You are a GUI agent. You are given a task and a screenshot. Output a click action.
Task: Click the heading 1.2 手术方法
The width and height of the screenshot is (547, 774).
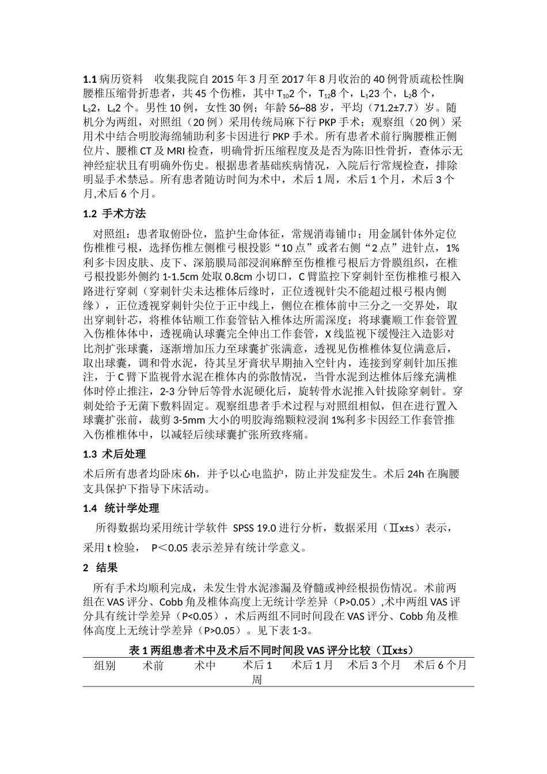pyautogui.click(x=115, y=214)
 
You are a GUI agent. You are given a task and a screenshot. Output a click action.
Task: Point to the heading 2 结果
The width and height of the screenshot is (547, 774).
pyautogui.click(x=100, y=568)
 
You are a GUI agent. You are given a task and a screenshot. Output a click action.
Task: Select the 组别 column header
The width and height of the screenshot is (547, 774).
pyautogui.click(x=105, y=666)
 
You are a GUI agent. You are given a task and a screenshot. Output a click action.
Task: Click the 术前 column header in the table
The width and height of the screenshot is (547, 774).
pyautogui.click(x=153, y=666)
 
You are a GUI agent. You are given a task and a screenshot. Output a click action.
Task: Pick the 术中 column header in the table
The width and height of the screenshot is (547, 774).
pyautogui.click(x=205, y=666)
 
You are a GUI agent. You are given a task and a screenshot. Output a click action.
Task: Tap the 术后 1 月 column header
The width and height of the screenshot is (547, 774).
pyautogui.click(x=312, y=666)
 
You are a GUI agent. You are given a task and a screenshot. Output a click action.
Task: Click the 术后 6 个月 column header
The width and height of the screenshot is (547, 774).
pyautogui.click(x=440, y=666)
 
